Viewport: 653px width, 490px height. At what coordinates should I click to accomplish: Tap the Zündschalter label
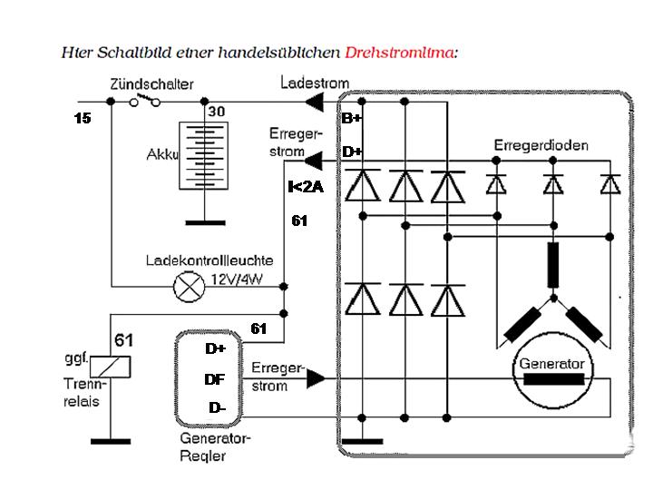click(x=151, y=84)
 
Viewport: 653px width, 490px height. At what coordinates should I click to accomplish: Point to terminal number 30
click(x=217, y=112)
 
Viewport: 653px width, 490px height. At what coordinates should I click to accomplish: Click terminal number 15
click(x=82, y=118)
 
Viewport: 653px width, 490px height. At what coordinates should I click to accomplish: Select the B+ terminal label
click(x=351, y=118)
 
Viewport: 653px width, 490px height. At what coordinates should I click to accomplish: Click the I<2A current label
click(x=305, y=187)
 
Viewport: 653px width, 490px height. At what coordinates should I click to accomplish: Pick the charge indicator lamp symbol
click(x=188, y=287)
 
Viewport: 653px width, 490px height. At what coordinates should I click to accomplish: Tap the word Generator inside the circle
click(x=552, y=364)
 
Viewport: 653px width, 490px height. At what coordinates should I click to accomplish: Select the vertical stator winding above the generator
click(x=552, y=264)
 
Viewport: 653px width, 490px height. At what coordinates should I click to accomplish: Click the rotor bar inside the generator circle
click(x=552, y=380)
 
